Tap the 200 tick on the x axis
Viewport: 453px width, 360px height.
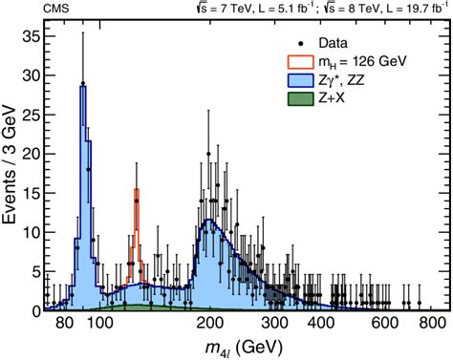[x=211, y=324]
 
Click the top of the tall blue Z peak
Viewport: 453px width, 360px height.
[x=83, y=87]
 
